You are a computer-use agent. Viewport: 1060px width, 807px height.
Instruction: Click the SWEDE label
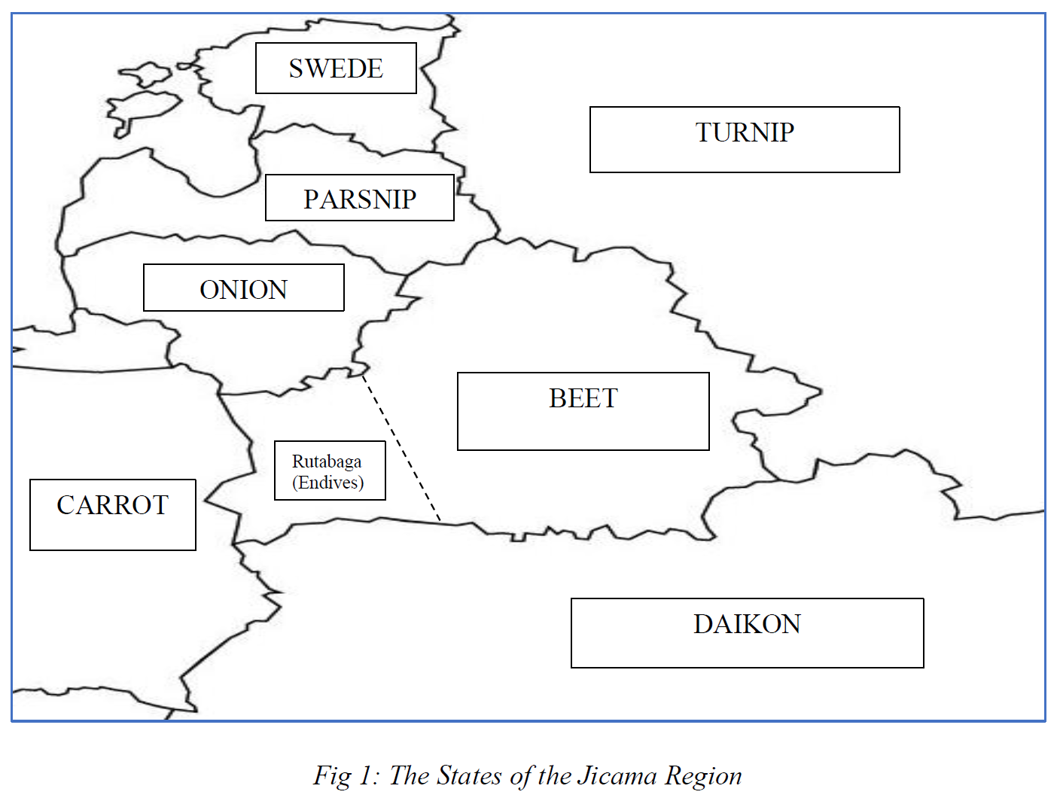336,69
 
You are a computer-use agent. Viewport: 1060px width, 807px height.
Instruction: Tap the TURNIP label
745,132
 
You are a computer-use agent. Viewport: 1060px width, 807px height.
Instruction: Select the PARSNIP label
360,199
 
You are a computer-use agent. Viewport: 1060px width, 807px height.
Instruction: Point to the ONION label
243,290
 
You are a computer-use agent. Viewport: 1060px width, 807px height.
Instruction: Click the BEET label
583,398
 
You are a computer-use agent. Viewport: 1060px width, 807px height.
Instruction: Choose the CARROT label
113,505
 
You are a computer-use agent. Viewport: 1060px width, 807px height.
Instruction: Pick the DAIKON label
747,624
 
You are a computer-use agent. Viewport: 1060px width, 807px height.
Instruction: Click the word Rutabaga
327,461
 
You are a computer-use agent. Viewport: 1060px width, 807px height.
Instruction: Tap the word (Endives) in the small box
328,483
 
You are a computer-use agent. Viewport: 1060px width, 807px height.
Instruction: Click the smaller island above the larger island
146,75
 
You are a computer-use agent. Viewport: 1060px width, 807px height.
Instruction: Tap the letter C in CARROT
65,505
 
